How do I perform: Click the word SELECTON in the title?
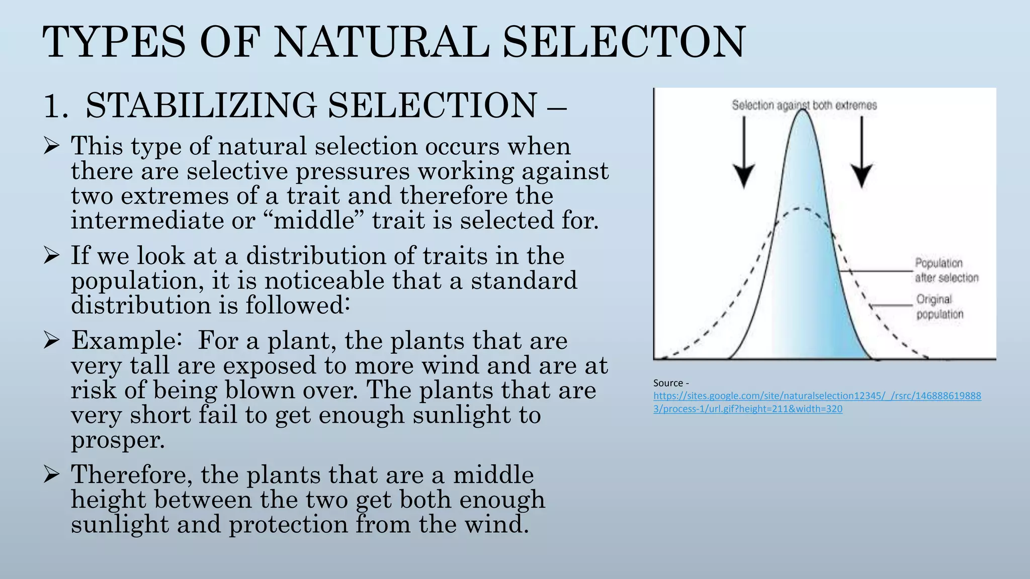624,42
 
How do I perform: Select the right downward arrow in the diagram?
862,153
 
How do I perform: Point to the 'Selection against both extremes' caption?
804,105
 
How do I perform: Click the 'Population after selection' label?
946,270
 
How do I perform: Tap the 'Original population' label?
939,307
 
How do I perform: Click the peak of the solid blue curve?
803,112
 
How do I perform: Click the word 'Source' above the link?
668,383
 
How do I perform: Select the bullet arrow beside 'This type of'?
52,146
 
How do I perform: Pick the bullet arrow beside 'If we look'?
52,256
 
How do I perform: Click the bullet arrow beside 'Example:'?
52,340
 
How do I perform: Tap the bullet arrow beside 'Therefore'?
52,474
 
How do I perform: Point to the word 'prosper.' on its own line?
118,440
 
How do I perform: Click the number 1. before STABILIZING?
55,106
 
